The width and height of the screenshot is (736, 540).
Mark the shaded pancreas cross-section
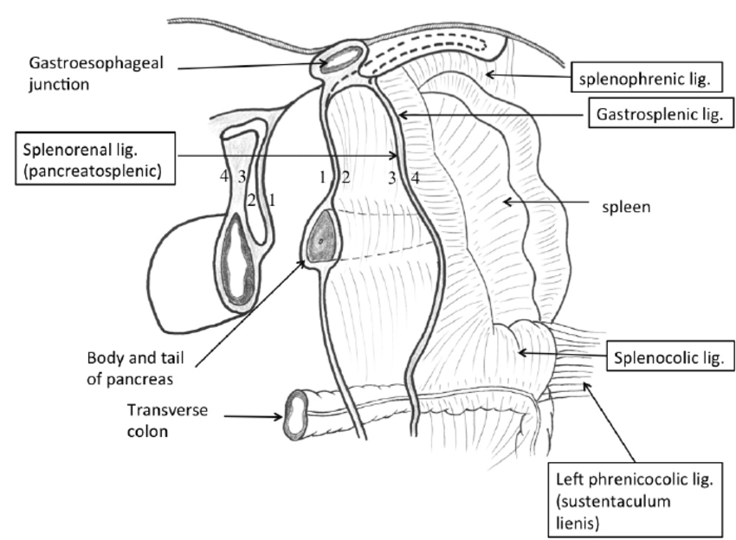pos(322,236)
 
